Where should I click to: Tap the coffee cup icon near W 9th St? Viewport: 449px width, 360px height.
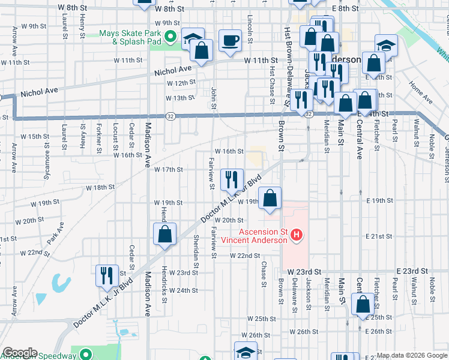coord(231,41)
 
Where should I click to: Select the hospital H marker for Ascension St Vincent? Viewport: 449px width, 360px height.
coord(296,236)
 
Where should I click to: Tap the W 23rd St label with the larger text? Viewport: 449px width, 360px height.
coord(305,272)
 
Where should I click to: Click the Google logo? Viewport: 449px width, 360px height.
coord(20,353)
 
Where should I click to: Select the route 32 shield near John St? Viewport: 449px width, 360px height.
coord(170,116)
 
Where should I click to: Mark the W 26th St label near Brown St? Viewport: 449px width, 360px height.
coord(303,331)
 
